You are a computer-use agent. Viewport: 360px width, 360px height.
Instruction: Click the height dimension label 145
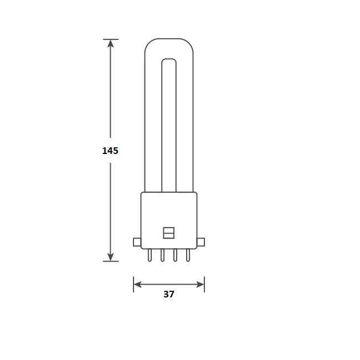click(110, 150)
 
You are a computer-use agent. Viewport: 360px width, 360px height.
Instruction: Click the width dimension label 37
click(169, 295)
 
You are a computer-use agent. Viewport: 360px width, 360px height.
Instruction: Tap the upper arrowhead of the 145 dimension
click(111, 44)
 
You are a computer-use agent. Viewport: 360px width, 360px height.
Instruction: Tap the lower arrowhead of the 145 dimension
click(111, 256)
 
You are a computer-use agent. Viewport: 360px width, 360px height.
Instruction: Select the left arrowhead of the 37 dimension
click(138, 285)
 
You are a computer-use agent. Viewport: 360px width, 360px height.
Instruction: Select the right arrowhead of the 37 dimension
click(200, 285)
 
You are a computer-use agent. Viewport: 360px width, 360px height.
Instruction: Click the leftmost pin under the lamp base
click(150, 255)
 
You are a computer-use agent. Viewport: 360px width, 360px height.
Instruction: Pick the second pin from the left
click(163, 255)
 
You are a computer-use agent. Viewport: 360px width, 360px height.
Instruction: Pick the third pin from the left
click(176, 255)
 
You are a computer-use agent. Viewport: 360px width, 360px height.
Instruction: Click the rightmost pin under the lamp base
click(188, 255)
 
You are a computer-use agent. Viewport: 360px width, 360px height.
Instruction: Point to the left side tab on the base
click(137, 241)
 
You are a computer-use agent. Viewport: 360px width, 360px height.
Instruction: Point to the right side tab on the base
click(201, 241)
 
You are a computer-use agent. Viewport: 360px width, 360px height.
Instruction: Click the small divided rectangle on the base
click(169, 233)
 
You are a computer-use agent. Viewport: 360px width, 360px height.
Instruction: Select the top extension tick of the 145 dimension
click(111, 39)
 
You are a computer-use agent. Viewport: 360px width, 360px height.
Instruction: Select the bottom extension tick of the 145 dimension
click(111, 261)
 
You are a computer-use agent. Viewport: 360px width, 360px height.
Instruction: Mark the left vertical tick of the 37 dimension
click(133, 285)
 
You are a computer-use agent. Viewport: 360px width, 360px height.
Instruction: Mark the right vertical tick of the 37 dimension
click(204, 285)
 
